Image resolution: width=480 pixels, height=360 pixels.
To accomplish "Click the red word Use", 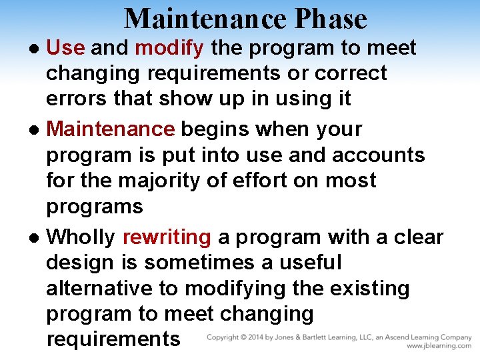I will tap(65, 48).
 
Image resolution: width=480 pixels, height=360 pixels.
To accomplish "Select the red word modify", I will tap(169, 48).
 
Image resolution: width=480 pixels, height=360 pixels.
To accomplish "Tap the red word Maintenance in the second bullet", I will tap(111, 129).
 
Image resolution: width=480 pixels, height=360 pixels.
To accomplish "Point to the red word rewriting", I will tap(167, 237).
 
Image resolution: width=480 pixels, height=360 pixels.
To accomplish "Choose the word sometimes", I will tap(199, 263).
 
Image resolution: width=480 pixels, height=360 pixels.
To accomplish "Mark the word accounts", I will tap(379, 155).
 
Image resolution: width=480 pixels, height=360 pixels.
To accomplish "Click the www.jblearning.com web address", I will tap(439, 346).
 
